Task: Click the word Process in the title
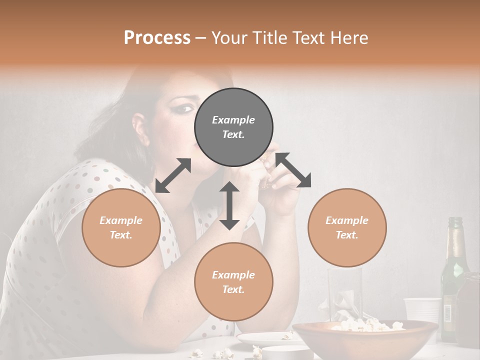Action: [157, 38]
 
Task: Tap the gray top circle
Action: [233, 127]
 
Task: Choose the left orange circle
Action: [121, 227]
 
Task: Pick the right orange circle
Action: [347, 227]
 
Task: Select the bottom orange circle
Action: [233, 281]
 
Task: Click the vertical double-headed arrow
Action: [229, 205]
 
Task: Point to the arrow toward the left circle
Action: [173, 175]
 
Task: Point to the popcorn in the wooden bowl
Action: [367, 325]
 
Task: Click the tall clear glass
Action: [344, 292]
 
